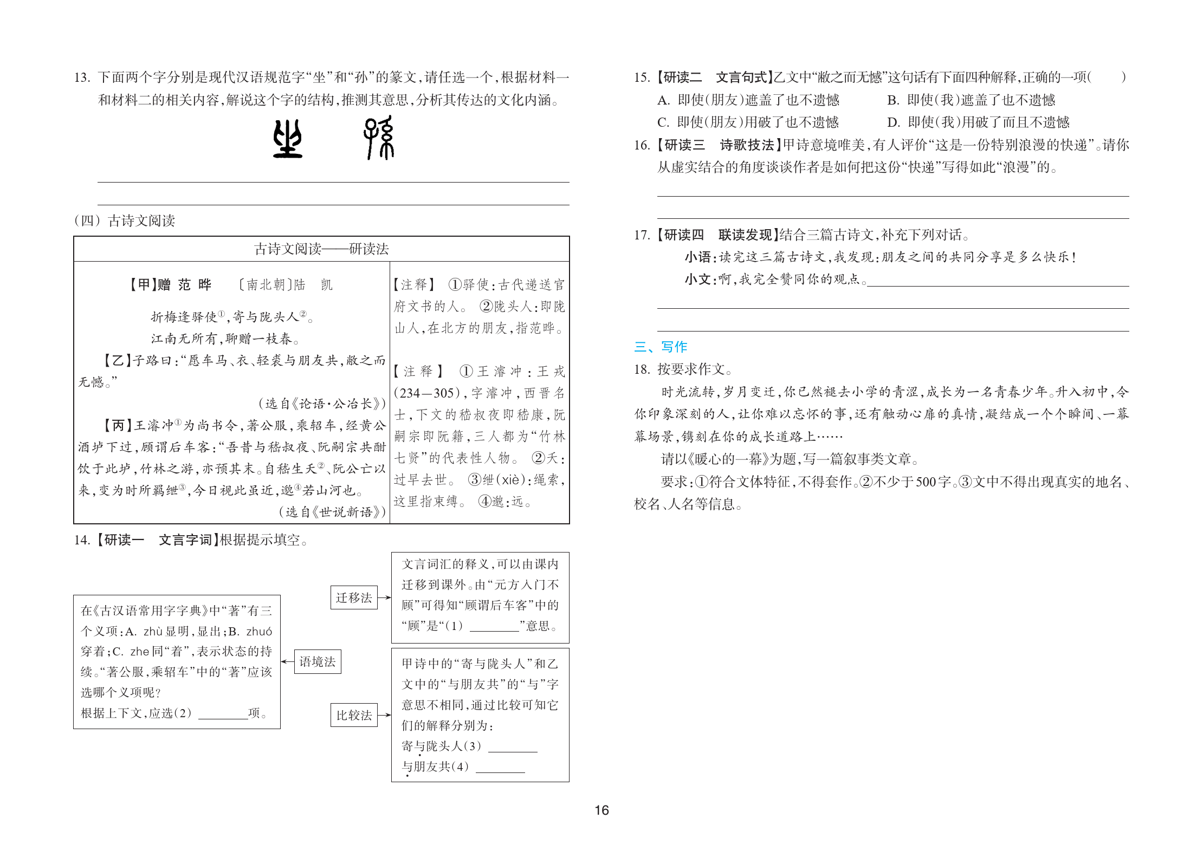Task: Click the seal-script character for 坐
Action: point(287,139)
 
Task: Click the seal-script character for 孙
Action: point(379,138)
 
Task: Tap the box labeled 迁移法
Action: point(354,597)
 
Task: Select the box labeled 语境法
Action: point(318,661)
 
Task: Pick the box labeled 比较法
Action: point(354,715)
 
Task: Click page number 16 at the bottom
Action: point(601,810)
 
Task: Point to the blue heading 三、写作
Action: point(661,347)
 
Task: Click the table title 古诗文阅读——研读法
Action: point(321,249)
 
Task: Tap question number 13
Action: point(82,77)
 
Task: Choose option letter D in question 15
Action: point(893,122)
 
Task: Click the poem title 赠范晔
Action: point(184,285)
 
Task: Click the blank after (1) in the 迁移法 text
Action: point(494,627)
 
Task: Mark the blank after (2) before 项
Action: point(223,714)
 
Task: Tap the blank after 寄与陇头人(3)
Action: point(513,747)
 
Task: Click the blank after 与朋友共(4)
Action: point(500,768)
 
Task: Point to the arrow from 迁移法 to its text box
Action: point(384,597)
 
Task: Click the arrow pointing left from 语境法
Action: point(287,661)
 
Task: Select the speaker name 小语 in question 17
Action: point(697,257)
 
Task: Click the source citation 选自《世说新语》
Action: point(332,512)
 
